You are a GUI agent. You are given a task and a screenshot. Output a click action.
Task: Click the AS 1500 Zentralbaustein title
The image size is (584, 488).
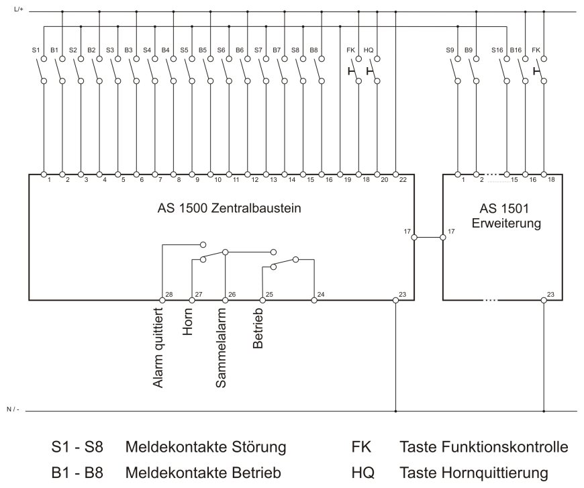point(224,208)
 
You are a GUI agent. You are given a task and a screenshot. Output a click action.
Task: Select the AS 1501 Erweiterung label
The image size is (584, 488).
point(509,215)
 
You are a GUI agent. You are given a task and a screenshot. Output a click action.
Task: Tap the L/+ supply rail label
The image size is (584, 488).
point(18,8)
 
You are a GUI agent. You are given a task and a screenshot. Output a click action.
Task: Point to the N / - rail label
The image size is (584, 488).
point(14,409)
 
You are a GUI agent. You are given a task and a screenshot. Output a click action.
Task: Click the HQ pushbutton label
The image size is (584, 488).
point(369,50)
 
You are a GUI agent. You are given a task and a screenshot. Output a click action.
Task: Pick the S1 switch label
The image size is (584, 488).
point(36,50)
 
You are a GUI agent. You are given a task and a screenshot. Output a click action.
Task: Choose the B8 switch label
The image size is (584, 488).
point(313,50)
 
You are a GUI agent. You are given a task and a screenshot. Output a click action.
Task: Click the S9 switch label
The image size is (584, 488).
point(450,50)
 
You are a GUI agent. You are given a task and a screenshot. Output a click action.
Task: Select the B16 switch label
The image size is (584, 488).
point(516,50)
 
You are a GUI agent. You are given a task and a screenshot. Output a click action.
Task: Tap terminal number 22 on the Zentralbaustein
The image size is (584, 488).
point(402,180)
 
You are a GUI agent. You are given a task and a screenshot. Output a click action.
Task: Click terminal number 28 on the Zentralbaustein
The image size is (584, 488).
point(168,295)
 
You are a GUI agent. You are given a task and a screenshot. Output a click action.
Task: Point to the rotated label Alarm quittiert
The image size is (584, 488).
point(159,347)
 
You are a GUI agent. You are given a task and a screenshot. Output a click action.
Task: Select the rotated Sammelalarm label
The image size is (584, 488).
point(221,347)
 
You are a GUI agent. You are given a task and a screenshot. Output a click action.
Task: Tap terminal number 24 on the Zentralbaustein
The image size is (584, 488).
point(321,295)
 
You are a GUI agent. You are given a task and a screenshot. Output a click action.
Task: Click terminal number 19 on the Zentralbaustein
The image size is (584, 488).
point(347,180)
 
